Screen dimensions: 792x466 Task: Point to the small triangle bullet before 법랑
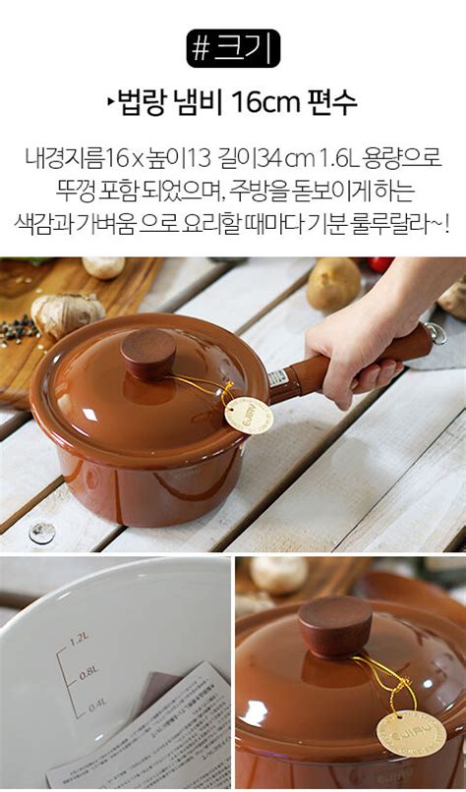pos(111,101)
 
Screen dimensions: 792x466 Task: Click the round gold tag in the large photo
pos(246,415)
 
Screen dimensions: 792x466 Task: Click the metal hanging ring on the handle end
pos(436,332)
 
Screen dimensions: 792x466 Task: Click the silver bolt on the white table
pos(41,533)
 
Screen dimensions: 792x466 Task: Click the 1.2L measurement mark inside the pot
pos(79,641)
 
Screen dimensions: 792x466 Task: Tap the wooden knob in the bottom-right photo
pos(335,625)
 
